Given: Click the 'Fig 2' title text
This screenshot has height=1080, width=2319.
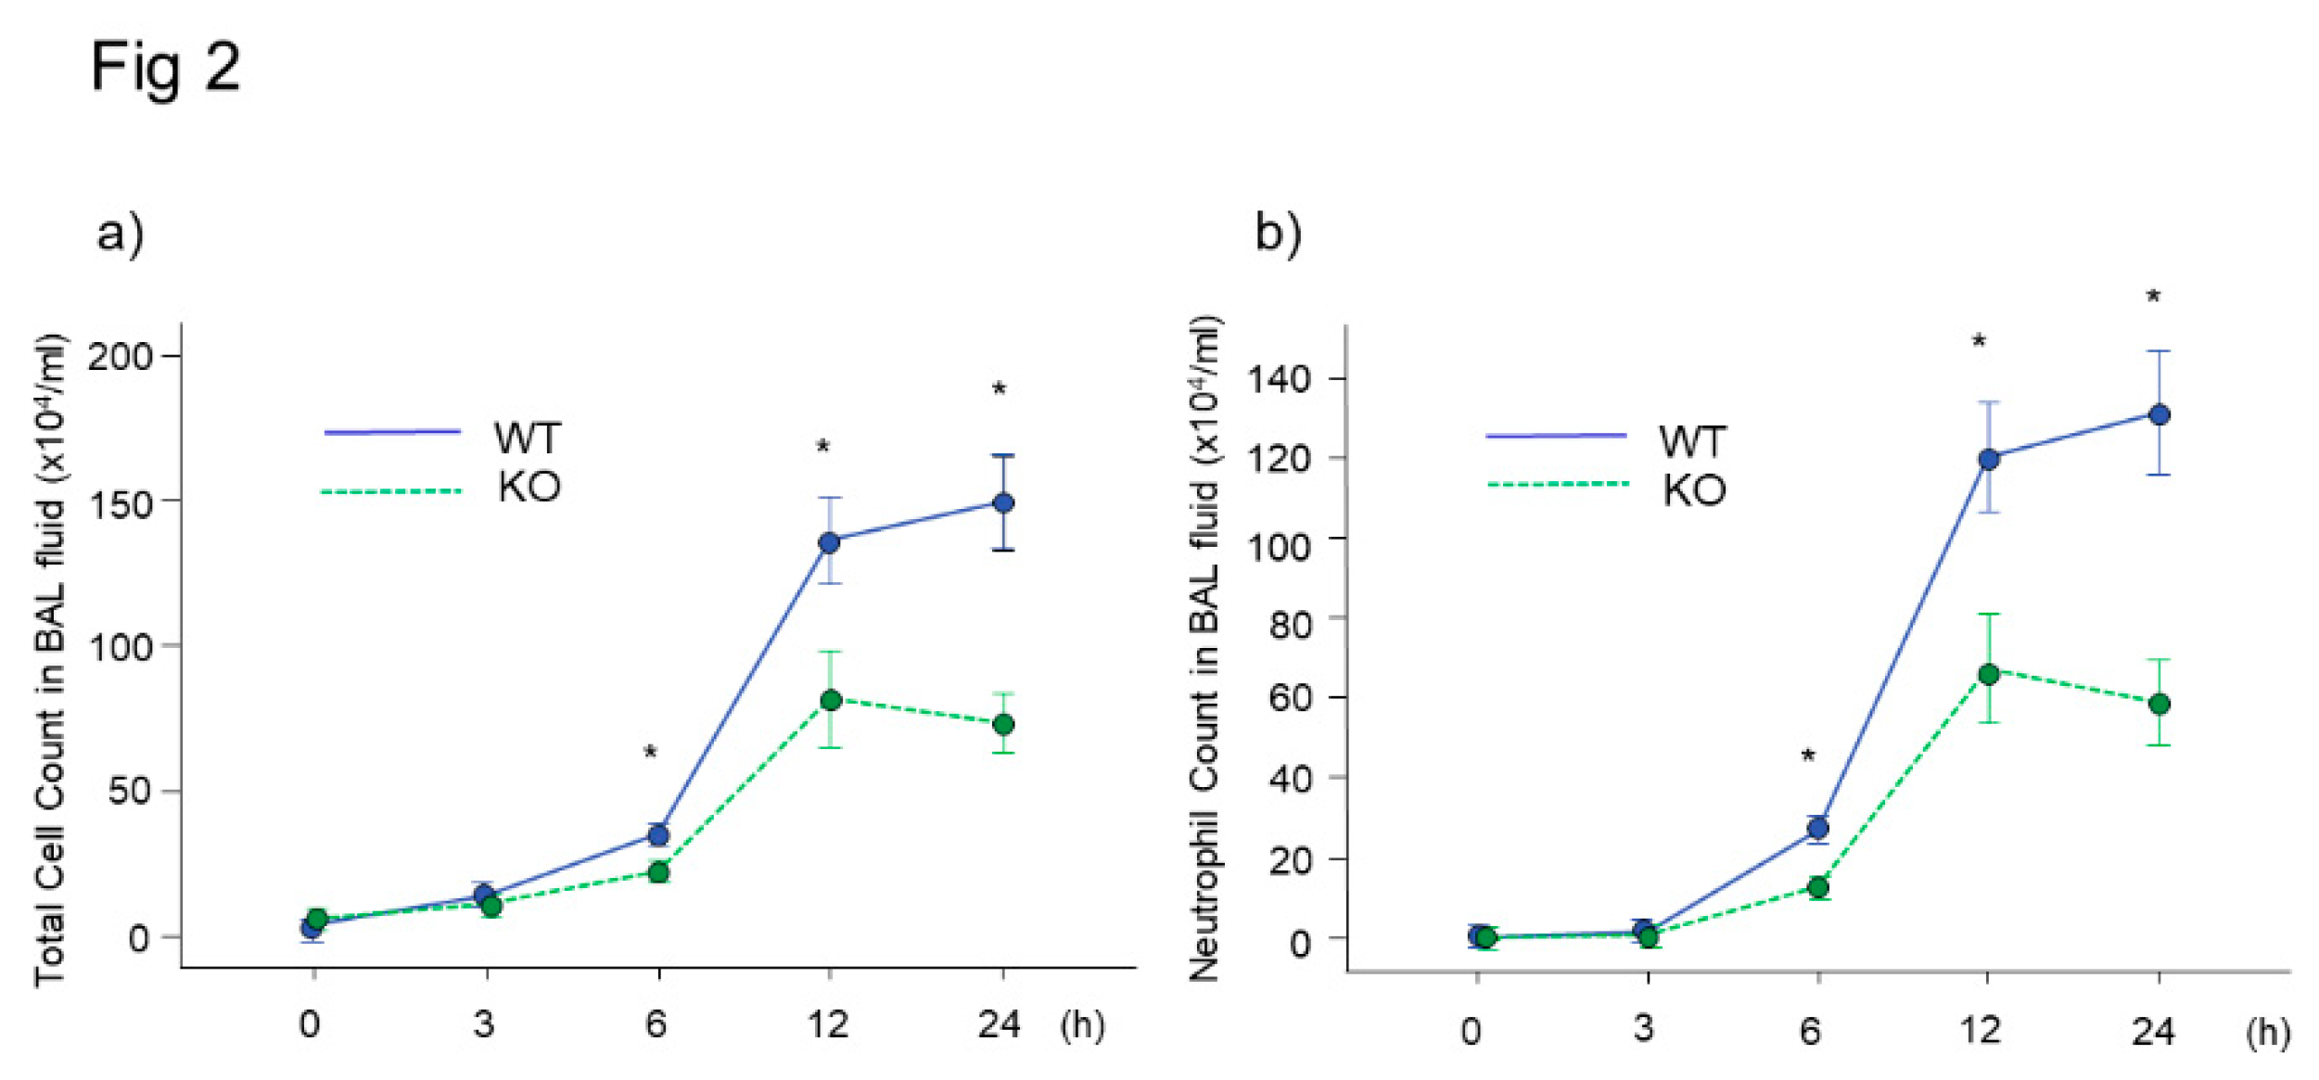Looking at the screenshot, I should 165,67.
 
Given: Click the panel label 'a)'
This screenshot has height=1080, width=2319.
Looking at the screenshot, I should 121,232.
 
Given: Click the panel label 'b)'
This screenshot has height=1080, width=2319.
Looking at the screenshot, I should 1278,232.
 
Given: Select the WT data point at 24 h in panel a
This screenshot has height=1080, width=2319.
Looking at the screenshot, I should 1003,502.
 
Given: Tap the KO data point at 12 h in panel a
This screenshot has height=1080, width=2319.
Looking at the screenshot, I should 831,700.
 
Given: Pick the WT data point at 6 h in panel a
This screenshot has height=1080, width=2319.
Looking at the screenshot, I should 658,835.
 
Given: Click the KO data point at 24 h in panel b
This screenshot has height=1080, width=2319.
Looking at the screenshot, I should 2159,704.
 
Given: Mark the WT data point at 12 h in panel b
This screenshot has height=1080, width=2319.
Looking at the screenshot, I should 1988,459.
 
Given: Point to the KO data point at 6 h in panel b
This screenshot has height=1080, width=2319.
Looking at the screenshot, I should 1818,887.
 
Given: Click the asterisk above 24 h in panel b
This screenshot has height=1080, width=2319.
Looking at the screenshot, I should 2153,297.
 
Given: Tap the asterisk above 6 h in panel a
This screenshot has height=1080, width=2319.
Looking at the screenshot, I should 650,752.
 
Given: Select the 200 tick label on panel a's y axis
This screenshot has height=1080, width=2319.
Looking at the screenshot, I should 120,356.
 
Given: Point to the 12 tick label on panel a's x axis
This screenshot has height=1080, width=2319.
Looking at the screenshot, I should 827,1024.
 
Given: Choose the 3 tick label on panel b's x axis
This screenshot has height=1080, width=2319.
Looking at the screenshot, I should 1644,1028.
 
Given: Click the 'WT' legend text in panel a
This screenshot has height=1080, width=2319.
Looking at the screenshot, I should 528,438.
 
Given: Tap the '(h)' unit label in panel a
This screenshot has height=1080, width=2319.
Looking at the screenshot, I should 1082,1024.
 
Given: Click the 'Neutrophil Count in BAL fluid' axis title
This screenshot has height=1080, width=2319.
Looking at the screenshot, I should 1204,649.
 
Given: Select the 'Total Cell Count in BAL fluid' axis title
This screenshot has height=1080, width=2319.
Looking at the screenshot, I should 50,658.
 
